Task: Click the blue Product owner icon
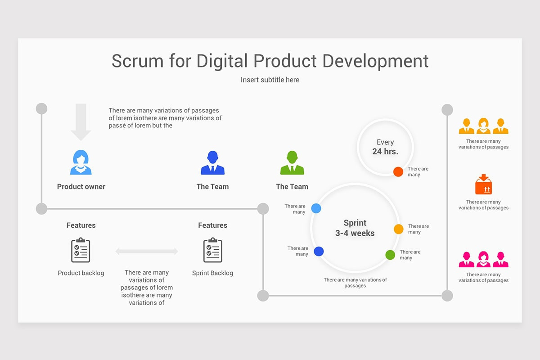pyautogui.click(x=81, y=162)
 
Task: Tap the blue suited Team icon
pyautogui.click(x=212, y=163)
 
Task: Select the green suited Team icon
pyautogui.click(x=292, y=163)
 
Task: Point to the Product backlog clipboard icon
pyautogui.click(x=81, y=250)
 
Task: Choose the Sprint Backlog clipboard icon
pyautogui.click(x=212, y=250)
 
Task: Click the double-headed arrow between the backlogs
pyautogui.click(x=147, y=252)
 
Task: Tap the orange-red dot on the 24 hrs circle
pyautogui.click(x=398, y=171)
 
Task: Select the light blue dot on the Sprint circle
pyautogui.click(x=316, y=208)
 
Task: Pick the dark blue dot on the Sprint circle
pyautogui.click(x=319, y=252)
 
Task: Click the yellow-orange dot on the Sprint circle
pyautogui.click(x=399, y=229)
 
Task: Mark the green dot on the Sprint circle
pyautogui.click(x=390, y=255)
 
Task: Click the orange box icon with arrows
pyautogui.click(x=483, y=184)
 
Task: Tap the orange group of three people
pyautogui.click(x=483, y=126)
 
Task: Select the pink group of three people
pyautogui.click(x=483, y=260)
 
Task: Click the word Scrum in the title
pyautogui.click(x=138, y=61)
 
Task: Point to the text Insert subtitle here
pyautogui.click(x=270, y=80)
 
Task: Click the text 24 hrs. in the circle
pyautogui.click(x=385, y=152)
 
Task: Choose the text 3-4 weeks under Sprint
pyautogui.click(x=355, y=233)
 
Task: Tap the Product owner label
pyautogui.click(x=81, y=187)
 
